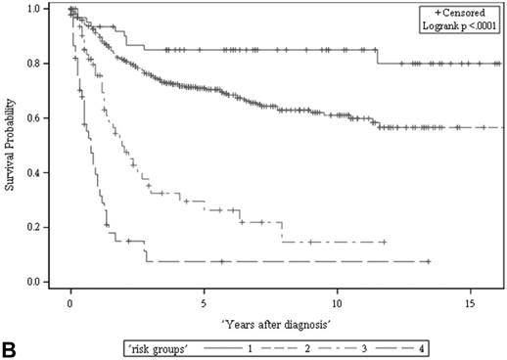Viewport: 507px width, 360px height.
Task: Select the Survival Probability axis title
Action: click(x=12, y=147)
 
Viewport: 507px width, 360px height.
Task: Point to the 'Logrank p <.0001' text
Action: click(x=458, y=26)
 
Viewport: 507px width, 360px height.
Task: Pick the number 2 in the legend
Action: click(x=304, y=346)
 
